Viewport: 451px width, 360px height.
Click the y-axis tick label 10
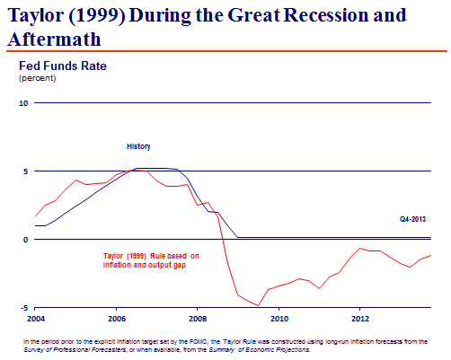tap(23, 103)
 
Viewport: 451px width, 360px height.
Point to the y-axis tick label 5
tap(25, 171)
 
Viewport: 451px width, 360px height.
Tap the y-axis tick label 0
tap(25, 240)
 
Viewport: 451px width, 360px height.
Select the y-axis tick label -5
tap(24, 308)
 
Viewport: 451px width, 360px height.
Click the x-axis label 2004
tap(36, 319)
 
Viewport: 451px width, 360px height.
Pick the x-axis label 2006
tap(117, 319)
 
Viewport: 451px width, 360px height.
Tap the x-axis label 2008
tap(198, 319)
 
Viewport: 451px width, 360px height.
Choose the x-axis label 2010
tap(279, 319)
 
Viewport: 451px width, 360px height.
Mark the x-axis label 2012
tap(360, 319)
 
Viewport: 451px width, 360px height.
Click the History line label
tap(138, 146)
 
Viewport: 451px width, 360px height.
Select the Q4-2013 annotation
tap(412, 219)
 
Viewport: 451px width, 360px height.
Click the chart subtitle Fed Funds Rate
tap(63, 66)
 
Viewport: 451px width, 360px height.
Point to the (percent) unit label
tap(38, 78)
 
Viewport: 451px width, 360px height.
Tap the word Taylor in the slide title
tap(36, 15)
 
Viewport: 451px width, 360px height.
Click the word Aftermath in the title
tap(55, 40)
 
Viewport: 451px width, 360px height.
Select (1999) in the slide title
tap(97, 15)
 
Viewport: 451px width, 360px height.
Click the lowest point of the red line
tap(258, 305)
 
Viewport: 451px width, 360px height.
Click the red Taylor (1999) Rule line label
tap(151, 260)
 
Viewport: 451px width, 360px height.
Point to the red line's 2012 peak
tap(360, 248)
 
